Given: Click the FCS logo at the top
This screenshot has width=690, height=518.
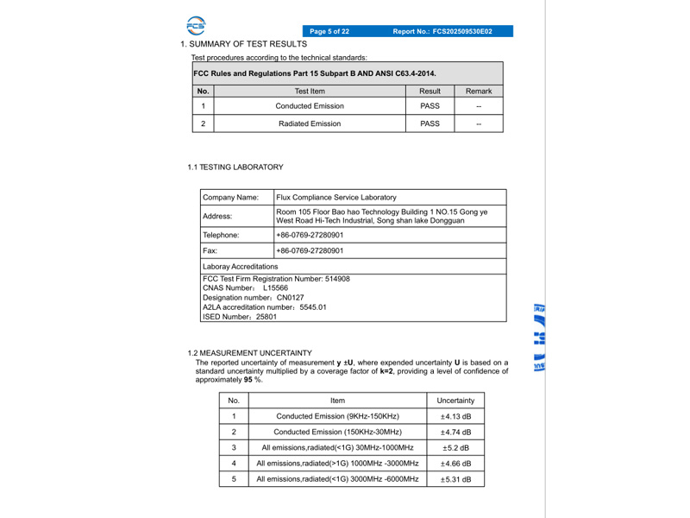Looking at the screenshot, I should coord(196,25).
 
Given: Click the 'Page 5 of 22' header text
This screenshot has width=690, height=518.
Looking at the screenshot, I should coord(329,32).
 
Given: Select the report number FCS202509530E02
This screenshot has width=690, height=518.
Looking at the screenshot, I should coord(442,32).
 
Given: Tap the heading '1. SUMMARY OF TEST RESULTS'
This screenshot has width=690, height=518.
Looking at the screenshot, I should coord(243,44).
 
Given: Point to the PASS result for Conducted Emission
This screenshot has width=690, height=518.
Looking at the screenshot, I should coord(430,106).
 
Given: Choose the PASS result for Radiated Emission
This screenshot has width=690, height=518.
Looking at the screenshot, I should coord(430,123).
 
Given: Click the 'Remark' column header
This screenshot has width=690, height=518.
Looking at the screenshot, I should coord(479,91).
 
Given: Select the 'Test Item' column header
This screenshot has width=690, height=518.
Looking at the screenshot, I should coord(310,91).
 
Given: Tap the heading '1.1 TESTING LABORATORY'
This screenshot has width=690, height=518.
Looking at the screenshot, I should coord(235,167).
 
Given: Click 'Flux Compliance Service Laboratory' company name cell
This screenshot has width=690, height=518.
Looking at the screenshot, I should coord(336,198).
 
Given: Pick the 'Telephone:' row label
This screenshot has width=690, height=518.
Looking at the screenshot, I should coord(221,235).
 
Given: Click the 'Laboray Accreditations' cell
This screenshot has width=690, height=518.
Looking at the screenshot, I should coord(241,267).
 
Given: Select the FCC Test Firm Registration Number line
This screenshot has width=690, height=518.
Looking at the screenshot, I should coord(276,279).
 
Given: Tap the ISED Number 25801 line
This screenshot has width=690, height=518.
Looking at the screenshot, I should coord(240,317).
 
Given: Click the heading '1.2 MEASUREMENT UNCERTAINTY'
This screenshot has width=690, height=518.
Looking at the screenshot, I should coord(249,353).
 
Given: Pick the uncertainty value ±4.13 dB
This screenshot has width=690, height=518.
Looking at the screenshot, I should coord(455,417).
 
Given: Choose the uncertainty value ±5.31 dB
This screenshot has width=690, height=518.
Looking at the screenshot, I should coord(455,479).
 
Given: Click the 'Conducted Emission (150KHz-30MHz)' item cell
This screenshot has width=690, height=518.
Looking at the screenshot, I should coord(337,433).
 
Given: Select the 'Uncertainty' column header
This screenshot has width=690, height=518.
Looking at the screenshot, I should coord(455,401).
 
